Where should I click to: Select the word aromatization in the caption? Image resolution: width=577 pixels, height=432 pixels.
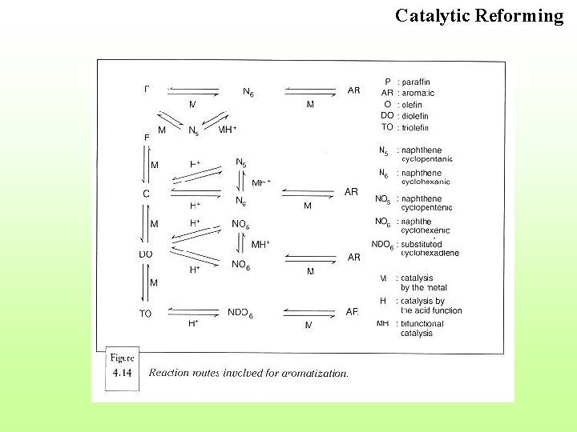tap(316, 373)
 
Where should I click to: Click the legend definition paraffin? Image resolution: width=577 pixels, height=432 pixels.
tap(417, 82)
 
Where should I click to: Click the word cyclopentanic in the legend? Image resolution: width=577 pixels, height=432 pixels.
tap(426, 159)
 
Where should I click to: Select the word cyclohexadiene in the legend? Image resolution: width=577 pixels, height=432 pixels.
tap(430, 253)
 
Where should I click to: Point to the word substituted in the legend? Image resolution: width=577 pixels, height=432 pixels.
tap(422, 244)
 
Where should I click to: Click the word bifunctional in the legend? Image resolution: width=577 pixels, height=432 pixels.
tap(422, 323)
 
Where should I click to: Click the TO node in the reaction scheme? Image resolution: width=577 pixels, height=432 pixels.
tap(145, 314)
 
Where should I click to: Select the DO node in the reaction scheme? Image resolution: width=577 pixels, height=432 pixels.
tap(145, 254)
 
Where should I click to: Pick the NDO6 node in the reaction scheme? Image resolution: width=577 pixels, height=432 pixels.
tap(240, 314)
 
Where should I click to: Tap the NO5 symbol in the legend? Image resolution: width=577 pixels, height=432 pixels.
tap(382, 199)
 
